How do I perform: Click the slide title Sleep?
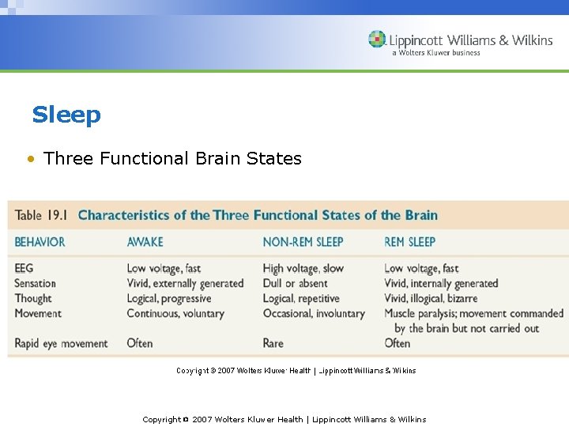(66, 115)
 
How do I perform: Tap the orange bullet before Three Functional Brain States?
(29, 159)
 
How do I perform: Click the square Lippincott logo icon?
(377, 40)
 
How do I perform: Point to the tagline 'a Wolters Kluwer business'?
(435, 53)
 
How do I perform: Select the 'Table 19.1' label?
(40, 215)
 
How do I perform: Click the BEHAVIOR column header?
(40, 242)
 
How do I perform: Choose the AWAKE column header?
(145, 242)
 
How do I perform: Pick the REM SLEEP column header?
(409, 242)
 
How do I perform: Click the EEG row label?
(24, 269)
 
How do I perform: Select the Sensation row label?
(36, 283)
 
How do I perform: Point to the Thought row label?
(33, 298)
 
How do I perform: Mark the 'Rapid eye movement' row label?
(61, 343)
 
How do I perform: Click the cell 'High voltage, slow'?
(303, 269)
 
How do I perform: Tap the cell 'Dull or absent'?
(296, 283)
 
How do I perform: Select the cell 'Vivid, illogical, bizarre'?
(431, 298)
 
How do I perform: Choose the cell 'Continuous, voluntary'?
(175, 313)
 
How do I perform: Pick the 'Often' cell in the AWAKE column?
(140, 343)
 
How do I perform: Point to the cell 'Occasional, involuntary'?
(314, 313)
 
